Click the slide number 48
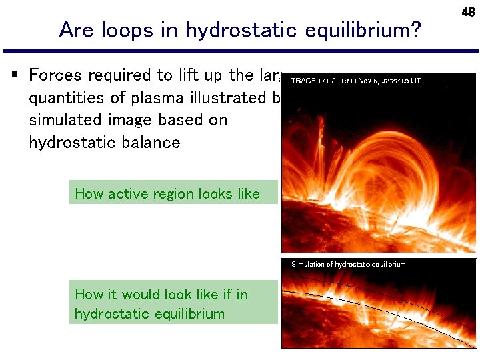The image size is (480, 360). (x=468, y=11)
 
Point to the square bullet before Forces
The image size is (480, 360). (x=15, y=74)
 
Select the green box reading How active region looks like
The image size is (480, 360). (x=173, y=193)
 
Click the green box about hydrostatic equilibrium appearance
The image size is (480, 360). (x=173, y=303)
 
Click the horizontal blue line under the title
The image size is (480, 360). (x=240, y=51)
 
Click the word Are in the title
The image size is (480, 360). (x=73, y=31)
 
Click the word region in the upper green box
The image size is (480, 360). (x=167, y=194)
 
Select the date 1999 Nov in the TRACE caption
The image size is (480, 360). (x=356, y=81)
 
